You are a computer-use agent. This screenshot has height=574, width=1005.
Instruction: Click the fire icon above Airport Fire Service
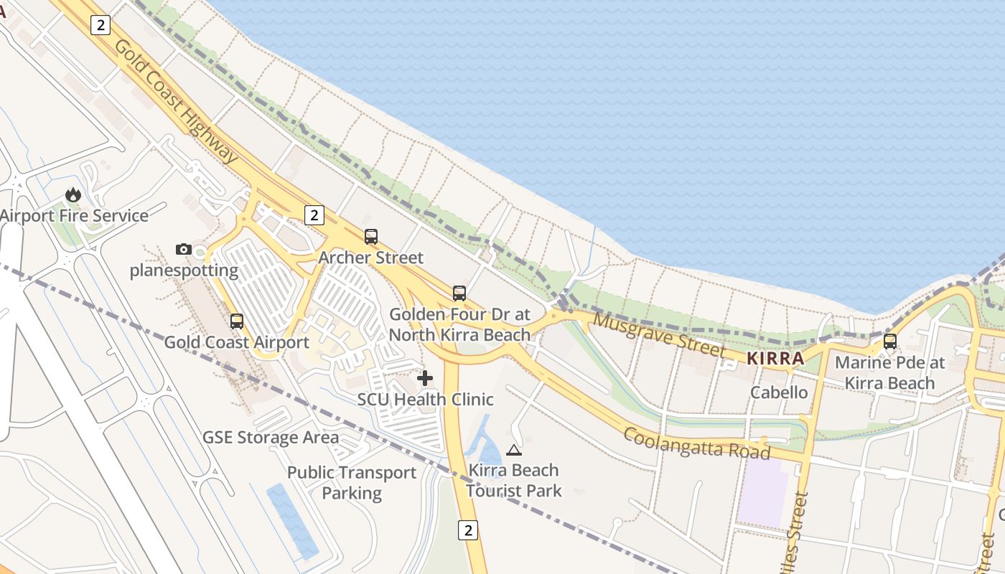coord(73,194)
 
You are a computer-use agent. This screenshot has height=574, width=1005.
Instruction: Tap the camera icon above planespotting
coord(184,250)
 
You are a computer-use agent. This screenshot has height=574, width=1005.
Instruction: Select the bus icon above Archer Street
coord(371,236)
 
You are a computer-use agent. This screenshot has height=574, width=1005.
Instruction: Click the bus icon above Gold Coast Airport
coord(237,321)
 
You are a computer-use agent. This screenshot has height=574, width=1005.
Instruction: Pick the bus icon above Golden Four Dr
coord(459,293)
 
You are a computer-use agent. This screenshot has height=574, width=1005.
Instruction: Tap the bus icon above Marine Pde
coord(890,342)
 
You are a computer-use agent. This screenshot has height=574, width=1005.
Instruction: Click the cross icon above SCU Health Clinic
coord(425,377)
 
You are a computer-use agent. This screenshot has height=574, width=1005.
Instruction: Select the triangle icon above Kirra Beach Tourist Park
coord(513,450)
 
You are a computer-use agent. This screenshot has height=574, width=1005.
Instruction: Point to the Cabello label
coord(779,392)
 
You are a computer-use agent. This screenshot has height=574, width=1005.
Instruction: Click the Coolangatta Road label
coord(696,443)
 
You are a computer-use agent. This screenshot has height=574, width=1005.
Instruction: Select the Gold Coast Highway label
coord(176,100)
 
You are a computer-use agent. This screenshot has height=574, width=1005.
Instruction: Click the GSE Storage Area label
coord(271,438)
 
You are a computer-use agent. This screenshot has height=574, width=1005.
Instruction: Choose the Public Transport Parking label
coord(352,483)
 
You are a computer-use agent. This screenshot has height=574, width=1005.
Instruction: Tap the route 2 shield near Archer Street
coord(314,215)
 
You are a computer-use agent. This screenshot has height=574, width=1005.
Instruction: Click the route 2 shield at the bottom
coord(468,530)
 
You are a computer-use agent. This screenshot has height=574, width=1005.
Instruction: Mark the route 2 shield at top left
coord(100,25)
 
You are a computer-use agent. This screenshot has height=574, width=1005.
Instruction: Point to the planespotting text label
coord(184,270)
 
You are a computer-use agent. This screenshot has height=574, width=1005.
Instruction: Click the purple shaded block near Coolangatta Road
coord(762,491)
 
